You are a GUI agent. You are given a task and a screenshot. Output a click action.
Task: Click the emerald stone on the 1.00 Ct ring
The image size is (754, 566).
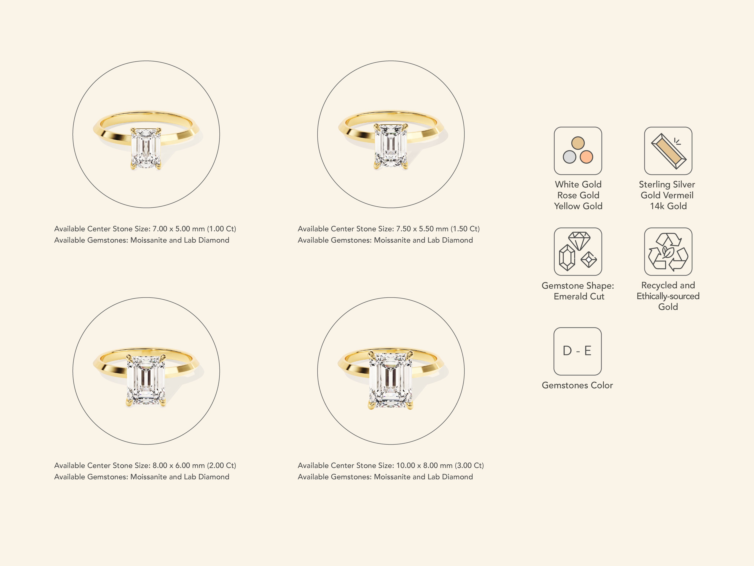tap(146, 148)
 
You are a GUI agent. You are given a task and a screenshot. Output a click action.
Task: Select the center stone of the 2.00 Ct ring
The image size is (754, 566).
tap(146, 380)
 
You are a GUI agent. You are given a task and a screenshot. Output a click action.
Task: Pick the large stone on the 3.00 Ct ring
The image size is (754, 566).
tap(391, 380)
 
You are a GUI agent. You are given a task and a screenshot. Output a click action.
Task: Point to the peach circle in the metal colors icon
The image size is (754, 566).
tap(586, 157)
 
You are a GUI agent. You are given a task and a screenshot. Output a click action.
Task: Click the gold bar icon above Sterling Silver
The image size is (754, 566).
tap(668, 151)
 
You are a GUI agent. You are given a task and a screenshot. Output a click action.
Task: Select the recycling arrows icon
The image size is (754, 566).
tap(668, 251)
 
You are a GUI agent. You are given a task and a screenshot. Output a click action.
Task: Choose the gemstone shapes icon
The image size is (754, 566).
tap(578, 251)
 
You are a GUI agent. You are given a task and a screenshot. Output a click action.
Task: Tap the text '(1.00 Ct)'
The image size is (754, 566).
tap(221, 229)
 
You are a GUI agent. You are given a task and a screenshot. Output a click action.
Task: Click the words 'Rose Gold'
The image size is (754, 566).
tap(578, 195)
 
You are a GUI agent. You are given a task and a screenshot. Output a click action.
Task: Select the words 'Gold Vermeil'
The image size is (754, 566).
tap(667, 195)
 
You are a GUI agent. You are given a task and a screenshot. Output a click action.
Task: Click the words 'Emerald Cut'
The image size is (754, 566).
tap(579, 296)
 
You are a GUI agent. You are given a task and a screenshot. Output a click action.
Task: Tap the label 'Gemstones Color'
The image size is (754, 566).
tap(577, 385)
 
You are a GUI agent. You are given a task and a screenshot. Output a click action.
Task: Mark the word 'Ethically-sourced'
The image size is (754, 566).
tap(668, 296)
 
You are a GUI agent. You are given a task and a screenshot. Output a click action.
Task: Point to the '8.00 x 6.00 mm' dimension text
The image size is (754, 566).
tap(179, 465)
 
